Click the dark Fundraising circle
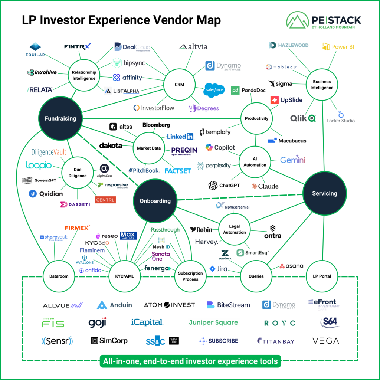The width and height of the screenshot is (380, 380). click(x=60, y=118)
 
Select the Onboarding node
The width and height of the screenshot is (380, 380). click(x=155, y=201)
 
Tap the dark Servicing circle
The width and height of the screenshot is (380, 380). click(x=324, y=193)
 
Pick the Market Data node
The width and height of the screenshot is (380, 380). click(x=149, y=148)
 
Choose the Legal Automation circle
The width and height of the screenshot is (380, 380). click(x=234, y=229)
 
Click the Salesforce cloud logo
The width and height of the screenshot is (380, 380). click(x=214, y=90)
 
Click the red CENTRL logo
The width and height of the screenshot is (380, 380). click(x=105, y=200)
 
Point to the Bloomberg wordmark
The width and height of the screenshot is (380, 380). click(x=156, y=125)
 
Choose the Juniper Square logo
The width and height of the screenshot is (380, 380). click(x=213, y=322)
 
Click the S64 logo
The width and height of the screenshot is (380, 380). click(x=330, y=322)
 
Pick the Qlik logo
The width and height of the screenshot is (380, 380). click(x=303, y=118)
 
